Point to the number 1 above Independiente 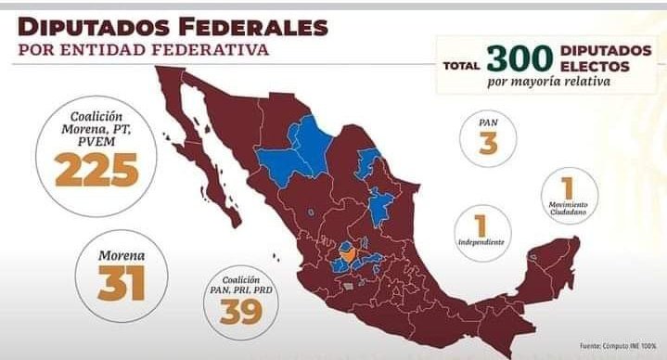click(x=480, y=224)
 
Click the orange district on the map click(x=349, y=251)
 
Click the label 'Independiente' click(x=481, y=243)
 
